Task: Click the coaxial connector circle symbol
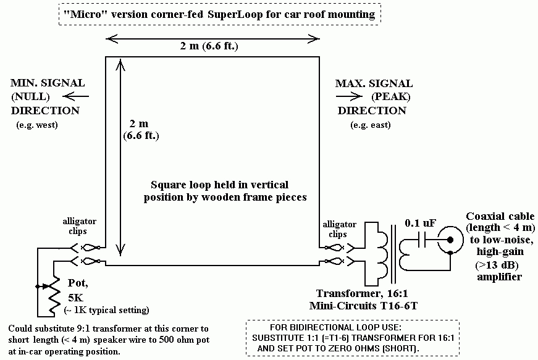point(450,240)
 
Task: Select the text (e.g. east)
point(371,125)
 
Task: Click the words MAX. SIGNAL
point(374,83)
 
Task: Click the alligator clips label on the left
point(80,225)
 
